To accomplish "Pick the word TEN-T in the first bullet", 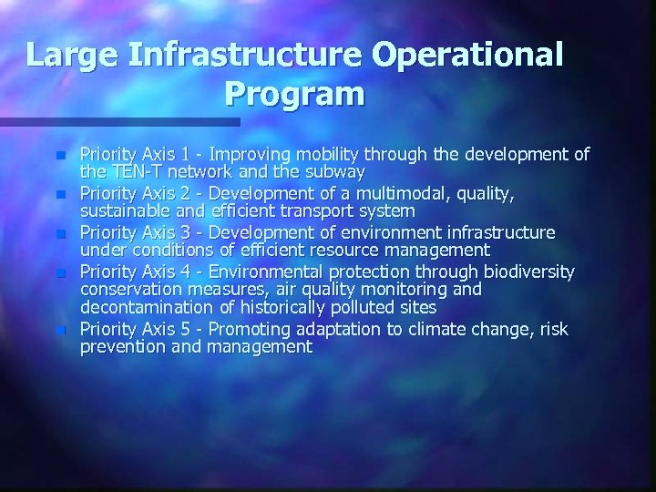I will [x=133, y=171].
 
